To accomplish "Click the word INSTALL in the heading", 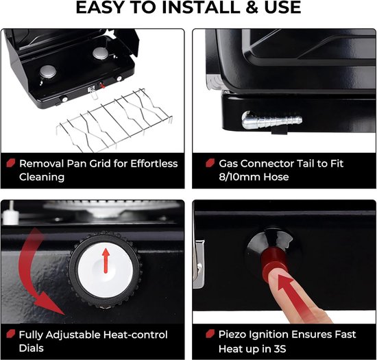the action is click(x=202, y=8).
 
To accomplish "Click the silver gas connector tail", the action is click(x=271, y=119).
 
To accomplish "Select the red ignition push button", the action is click(x=274, y=260).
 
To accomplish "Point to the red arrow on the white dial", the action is click(x=106, y=261).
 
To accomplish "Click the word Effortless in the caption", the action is click(x=154, y=163).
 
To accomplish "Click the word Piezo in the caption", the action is click(x=232, y=335).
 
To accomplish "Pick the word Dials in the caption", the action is click(x=32, y=348).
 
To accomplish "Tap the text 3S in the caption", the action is click(x=280, y=349).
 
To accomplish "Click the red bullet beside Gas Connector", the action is click(x=210, y=163).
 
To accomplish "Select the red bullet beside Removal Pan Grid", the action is click(x=10, y=163).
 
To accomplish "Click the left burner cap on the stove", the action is click(x=48, y=71).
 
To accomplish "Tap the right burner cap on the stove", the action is click(x=101, y=53).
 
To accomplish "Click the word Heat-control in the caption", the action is click(x=135, y=335).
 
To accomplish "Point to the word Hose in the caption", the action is click(x=276, y=177).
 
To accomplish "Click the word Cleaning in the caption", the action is click(x=42, y=177).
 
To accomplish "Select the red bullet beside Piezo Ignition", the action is click(x=210, y=333).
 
